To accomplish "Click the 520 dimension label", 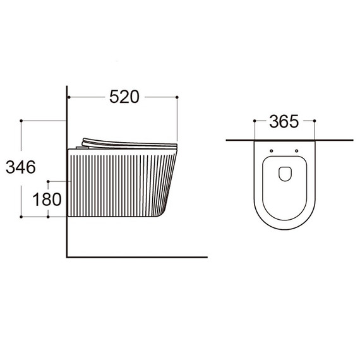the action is coord(124,97).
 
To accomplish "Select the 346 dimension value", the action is coord(21,167).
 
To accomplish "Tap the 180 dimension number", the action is coord(47,199).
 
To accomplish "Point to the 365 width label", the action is coord(284,121).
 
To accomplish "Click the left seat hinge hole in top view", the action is coord(272,151).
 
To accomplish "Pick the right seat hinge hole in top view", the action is coord(297,151).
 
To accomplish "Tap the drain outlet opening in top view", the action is coord(285,174).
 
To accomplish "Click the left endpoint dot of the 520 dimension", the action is coord(69,97).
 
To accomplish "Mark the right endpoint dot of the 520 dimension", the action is coord(177,97).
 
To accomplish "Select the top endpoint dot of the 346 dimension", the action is coord(21,121).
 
